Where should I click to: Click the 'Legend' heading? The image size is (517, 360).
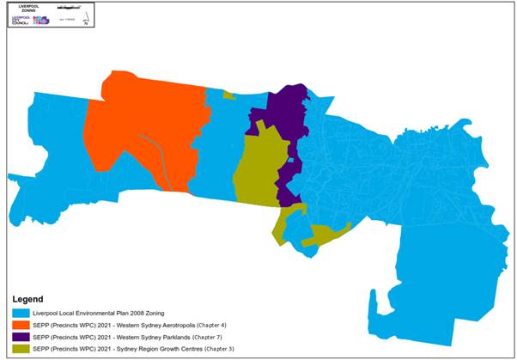point(32,299)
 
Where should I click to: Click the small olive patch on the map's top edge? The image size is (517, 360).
point(228,95)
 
